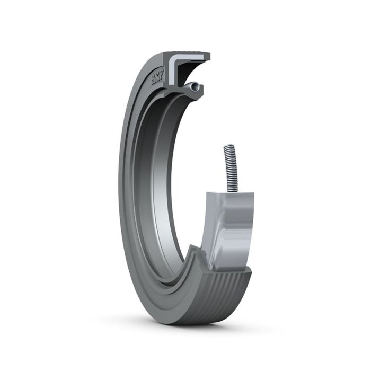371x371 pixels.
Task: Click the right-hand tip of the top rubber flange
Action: tap(208, 56)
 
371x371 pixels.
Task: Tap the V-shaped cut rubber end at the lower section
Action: tap(197, 260)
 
